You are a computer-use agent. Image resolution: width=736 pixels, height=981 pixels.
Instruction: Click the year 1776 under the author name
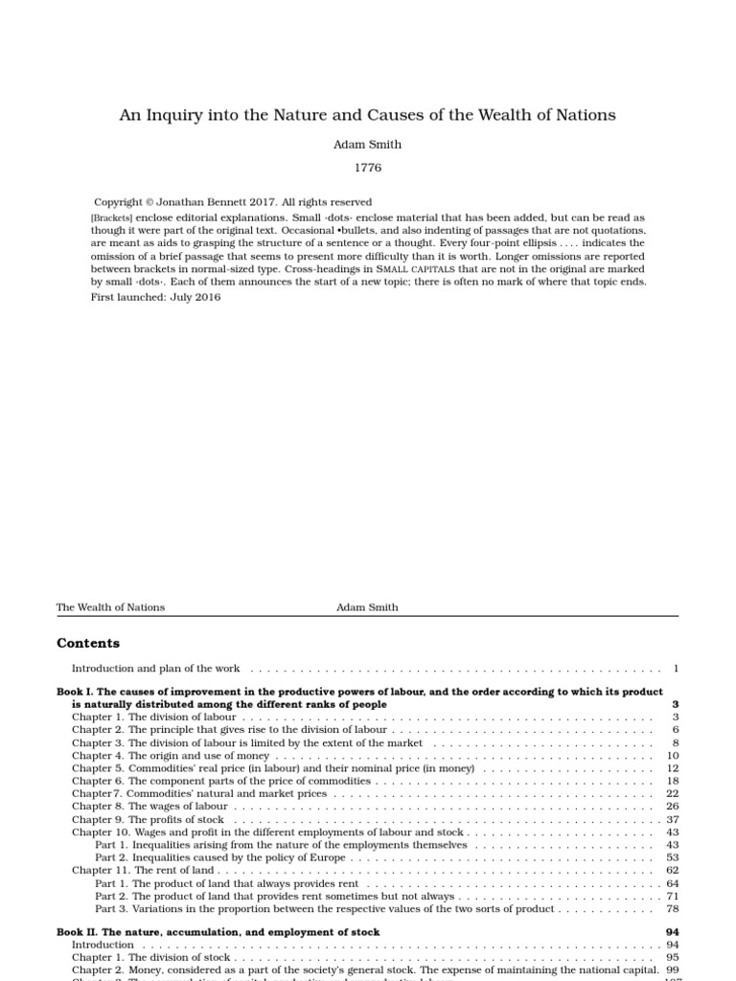click(x=368, y=168)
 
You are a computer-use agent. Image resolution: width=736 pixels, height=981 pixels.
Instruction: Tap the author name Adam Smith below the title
click(x=368, y=145)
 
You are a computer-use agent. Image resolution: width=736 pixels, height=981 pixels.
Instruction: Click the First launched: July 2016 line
click(x=155, y=297)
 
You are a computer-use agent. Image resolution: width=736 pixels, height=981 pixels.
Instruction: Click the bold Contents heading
click(x=88, y=644)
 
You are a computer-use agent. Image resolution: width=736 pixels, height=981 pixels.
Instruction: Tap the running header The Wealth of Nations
click(x=110, y=607)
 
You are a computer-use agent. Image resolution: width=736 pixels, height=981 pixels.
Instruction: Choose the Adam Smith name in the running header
click(x=367, y=607)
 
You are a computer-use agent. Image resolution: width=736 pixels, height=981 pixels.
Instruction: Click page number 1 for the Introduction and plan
click(x=676, y=668)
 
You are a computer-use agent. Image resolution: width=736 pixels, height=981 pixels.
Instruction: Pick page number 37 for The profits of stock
click(x=673, y=820)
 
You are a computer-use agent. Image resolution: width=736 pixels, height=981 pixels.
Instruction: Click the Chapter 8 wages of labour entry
click(x=149, y=807)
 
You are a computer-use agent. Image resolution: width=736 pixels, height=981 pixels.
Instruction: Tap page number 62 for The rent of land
click(x=673, y=871)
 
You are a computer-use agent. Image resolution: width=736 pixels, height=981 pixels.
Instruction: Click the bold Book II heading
click(x=218, y=932)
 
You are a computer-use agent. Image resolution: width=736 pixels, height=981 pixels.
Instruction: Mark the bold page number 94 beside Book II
click(x=672, y=932)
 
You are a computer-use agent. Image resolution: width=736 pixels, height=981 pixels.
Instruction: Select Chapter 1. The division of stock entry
click(x=151, y=957)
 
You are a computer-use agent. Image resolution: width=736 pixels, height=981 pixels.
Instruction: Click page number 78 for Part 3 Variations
click(x=673, y=909)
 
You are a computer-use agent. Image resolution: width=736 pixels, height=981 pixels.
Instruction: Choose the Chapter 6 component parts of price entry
click(x=221, y=782)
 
